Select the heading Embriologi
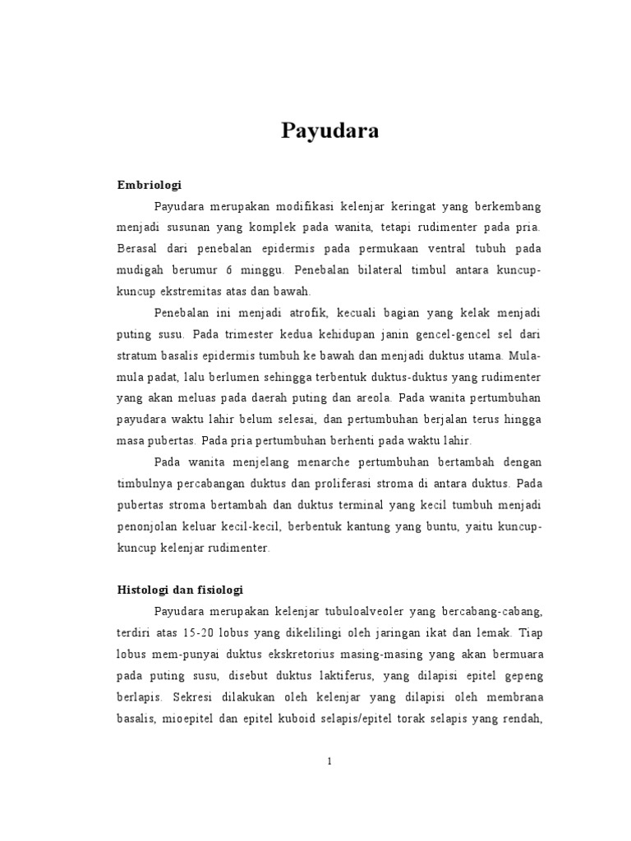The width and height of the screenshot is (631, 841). pos(150,185)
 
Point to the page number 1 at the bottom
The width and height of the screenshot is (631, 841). pos(329,761)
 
